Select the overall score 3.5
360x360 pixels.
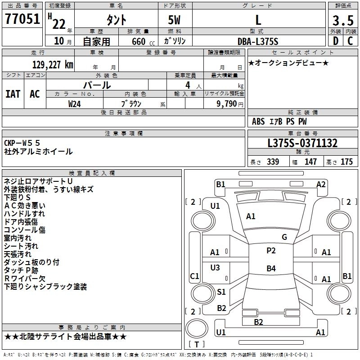pyautogui.click(x=342, y=20)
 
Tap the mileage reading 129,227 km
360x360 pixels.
pyautogui.click(x=53, y=64)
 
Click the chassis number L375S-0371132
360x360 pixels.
pyautogui.click(x=302, y=143)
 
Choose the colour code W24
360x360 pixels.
pyautogui.click(x=75, y=103)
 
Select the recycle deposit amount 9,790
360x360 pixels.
pyautogui.click(x=226, y=103)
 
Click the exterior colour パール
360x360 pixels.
pyautogui.click(x=97, y=85)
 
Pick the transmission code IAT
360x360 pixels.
pyautogui.click(x=13, y=94)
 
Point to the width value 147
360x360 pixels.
pyautogui.click(x=310, y=162)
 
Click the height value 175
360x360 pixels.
pyautogui.click(x=346, y=162)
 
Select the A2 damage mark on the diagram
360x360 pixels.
pyautogui.click(x=321, y=184)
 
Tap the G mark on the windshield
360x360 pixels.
pyautogui.click(x=284, y=237)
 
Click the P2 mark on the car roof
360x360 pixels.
pyautogui.click(x=271, y=251)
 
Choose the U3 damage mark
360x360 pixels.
pyautogui.click(x=216, y=267)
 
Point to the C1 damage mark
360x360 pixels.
pyautogui.click(x=194, y=276)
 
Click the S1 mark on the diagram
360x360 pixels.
pyautogui.click(x=221, y=292)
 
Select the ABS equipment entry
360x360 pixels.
pyautogui.click(x=258, y=121)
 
